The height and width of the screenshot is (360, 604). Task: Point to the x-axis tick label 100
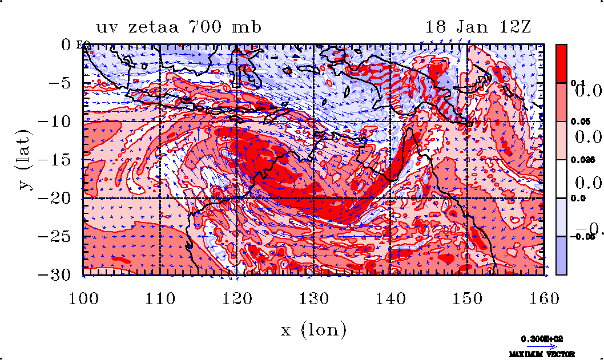point(84,298)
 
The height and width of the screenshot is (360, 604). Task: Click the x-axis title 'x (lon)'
point(313,330)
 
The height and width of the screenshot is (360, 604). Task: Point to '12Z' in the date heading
point(513,27)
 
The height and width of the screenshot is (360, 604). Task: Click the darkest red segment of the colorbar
point(561,63)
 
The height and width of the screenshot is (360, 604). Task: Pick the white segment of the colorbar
point(561,179)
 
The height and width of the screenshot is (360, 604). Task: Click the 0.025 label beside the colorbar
point(578,160)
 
